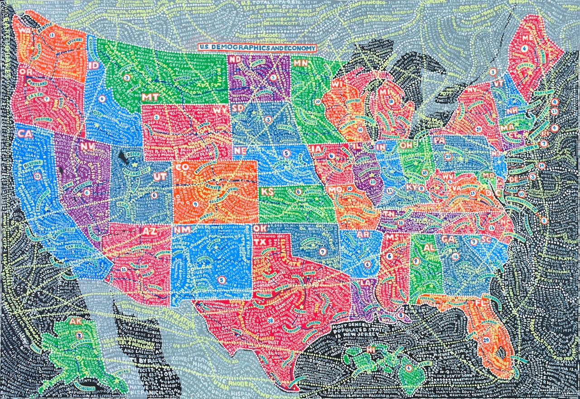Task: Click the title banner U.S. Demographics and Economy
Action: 256,47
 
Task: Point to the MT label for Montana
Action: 150,97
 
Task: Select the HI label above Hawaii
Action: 372,350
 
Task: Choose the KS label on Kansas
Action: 268,192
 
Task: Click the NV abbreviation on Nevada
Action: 86,146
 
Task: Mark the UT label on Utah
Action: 158,177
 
